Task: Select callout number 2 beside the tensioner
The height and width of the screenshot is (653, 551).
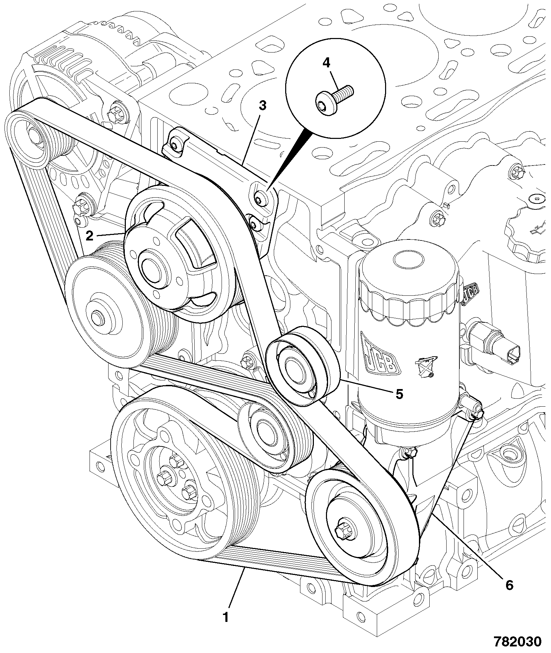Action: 90,236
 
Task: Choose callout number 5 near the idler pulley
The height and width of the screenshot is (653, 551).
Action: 399,394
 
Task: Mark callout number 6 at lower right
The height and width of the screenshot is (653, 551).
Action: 509,585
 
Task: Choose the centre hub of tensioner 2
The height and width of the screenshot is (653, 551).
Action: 151,267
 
